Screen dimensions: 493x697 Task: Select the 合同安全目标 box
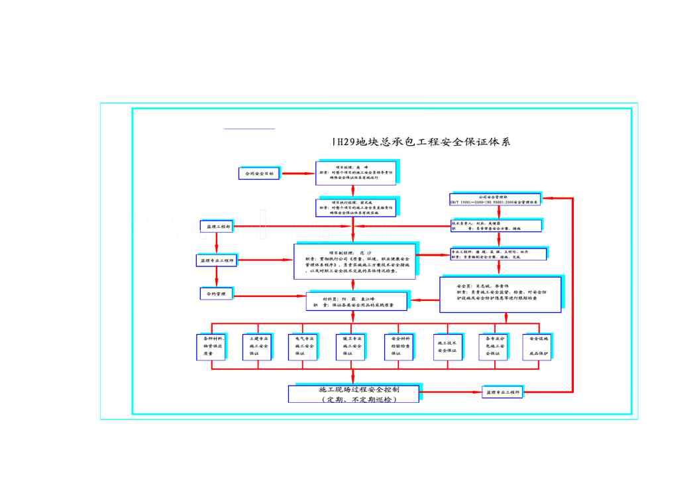point(260,174)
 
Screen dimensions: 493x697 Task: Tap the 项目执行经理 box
point(356,207)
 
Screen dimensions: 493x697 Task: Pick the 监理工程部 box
point(215,227)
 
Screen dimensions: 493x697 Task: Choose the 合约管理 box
point(216,293)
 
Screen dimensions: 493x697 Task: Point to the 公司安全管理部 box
point(494,199)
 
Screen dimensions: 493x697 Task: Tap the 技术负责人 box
point(495,226)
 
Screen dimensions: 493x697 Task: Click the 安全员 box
point(500,295)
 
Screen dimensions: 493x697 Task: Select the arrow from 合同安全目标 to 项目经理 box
point(298,174)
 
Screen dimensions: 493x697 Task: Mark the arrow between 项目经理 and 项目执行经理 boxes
point(353,192)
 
